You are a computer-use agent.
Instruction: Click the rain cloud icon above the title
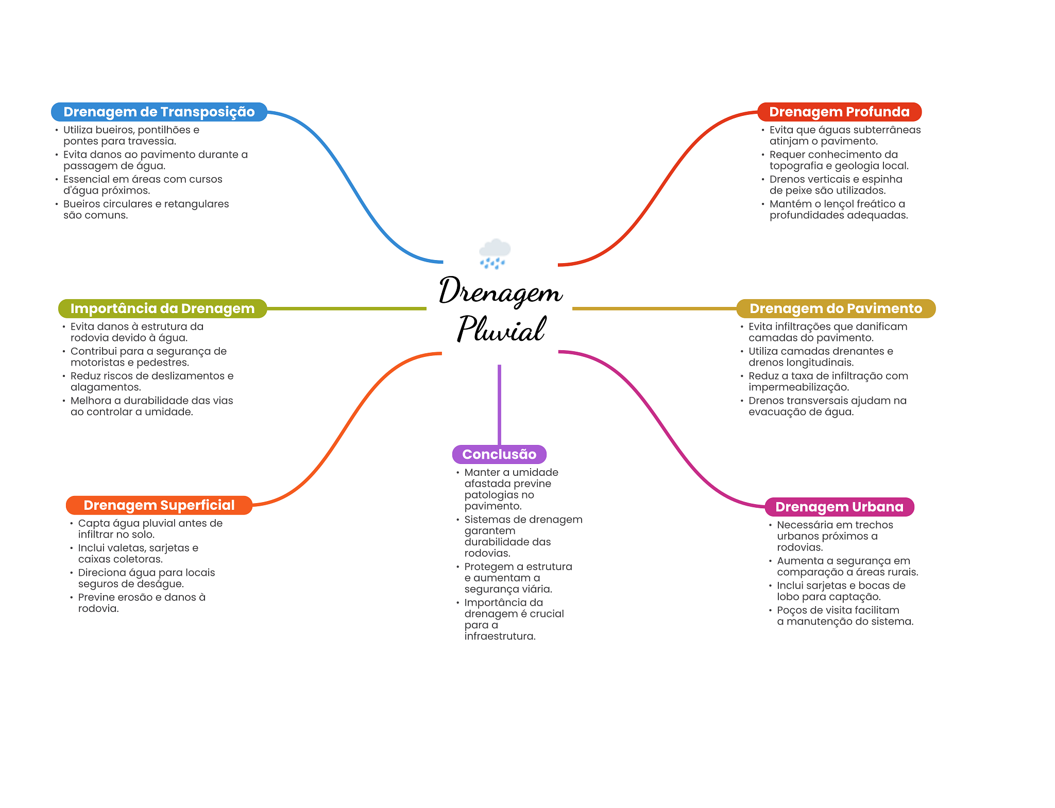click(x=495, y=253)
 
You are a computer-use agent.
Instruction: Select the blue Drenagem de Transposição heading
click(x=159, y=112)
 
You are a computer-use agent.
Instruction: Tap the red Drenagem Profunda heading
click(x=839, y=112)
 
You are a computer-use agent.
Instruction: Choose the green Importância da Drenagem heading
click(x=162, y=308)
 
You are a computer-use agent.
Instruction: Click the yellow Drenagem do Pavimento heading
click(x=836, y=308)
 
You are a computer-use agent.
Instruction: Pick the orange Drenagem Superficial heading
click(x=159, y=505)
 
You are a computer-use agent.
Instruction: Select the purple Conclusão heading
click(x=499, y=454)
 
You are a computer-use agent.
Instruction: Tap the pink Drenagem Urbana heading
click(x=839, y=507)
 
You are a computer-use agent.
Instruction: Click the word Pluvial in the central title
click(x=501, y=329)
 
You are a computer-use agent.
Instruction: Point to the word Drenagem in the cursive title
click(x=500, y=291)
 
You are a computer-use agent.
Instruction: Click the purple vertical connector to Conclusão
click(x=499, y=405)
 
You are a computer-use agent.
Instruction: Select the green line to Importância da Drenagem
click(x=347, y=308)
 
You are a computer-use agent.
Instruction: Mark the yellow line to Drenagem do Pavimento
click(x=655, y=308)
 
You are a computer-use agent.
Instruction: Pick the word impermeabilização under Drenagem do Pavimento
click(x=798, y=387)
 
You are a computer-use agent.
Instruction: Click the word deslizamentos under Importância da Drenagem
click(x=185, y=376)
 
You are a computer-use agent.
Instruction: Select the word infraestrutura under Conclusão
click(x=500, y=636)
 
